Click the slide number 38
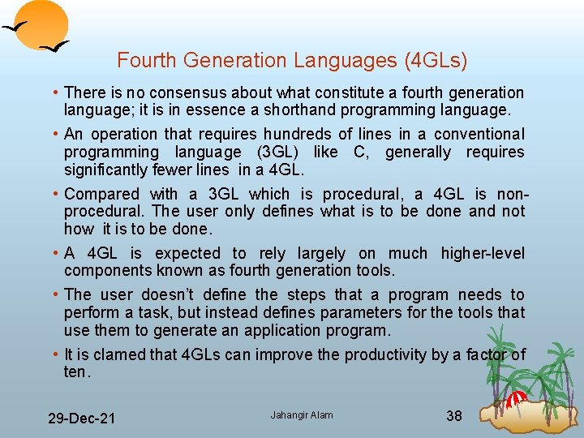[x=454, y=416]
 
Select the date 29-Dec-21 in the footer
[x=81, y=419]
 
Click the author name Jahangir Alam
[x=302, y=415]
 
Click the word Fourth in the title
[x=144, y=61]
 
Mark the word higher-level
[x=483, y=253]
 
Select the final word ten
[x=75, y=372]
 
